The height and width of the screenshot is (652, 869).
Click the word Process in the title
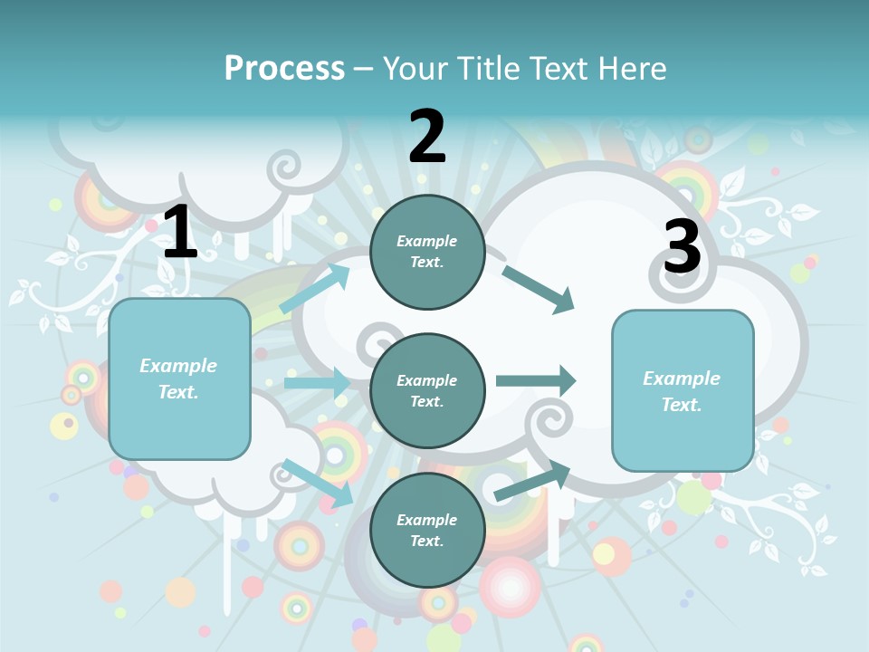click(284, 69)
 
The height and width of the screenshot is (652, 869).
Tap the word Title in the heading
click(488, 69)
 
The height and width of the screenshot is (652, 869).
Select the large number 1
click(179, 233)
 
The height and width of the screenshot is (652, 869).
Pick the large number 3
click(682, 246)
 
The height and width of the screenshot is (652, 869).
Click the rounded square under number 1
click(179, 379)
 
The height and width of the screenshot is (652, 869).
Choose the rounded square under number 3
click(683, 390)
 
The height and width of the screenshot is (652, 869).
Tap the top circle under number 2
click(427, 252)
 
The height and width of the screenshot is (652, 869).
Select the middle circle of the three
click(427, 390)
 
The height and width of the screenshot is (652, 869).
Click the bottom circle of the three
click(427, 530)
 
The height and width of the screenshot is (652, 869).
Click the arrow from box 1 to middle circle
click(317, 383)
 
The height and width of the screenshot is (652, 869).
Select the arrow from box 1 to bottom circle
click(318, 482)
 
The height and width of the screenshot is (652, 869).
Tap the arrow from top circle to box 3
click(539, 289)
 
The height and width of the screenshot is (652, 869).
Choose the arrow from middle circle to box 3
click(536, 380)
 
